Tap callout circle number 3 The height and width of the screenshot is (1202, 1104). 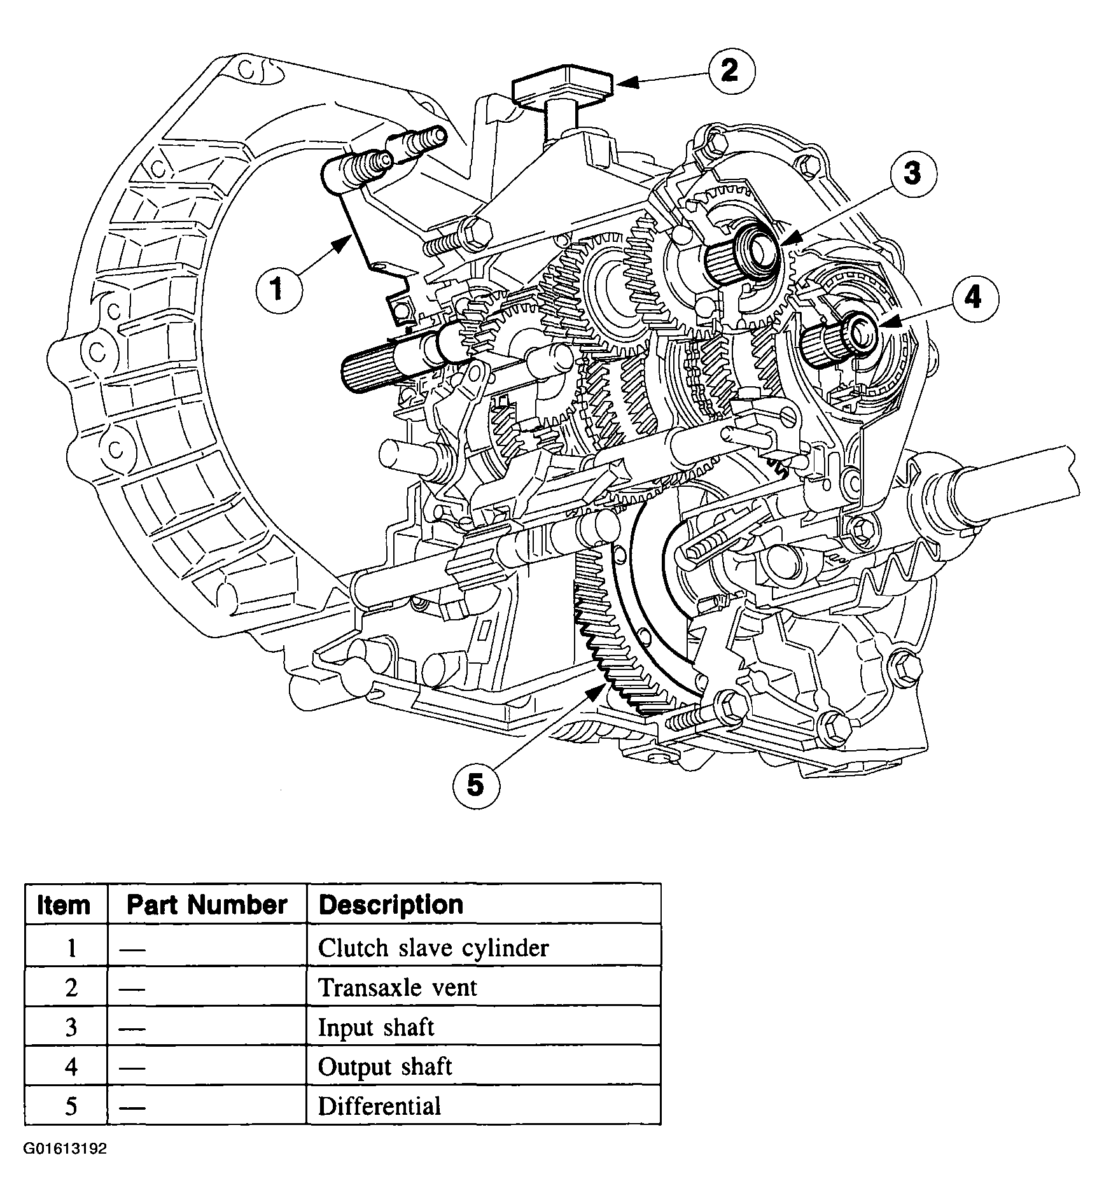pyautogui.click(x=912, y=172)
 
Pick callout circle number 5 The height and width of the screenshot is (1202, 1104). pyautogui.click(x=475, y=786)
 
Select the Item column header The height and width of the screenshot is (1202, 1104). pyautogui.click(x=64, y=904)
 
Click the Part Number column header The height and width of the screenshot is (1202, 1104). pyautogui.click(x=207, y=904)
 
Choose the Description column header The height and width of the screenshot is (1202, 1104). pyautogui.click(x=391, y=904)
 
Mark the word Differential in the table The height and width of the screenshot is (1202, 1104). pyautogui.click(x=380, y=1106)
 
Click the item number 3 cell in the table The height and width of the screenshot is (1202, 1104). pyautogui.click(x=71, y=1028)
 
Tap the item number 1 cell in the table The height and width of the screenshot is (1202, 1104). pyautogui.click(x=71, y=948)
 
